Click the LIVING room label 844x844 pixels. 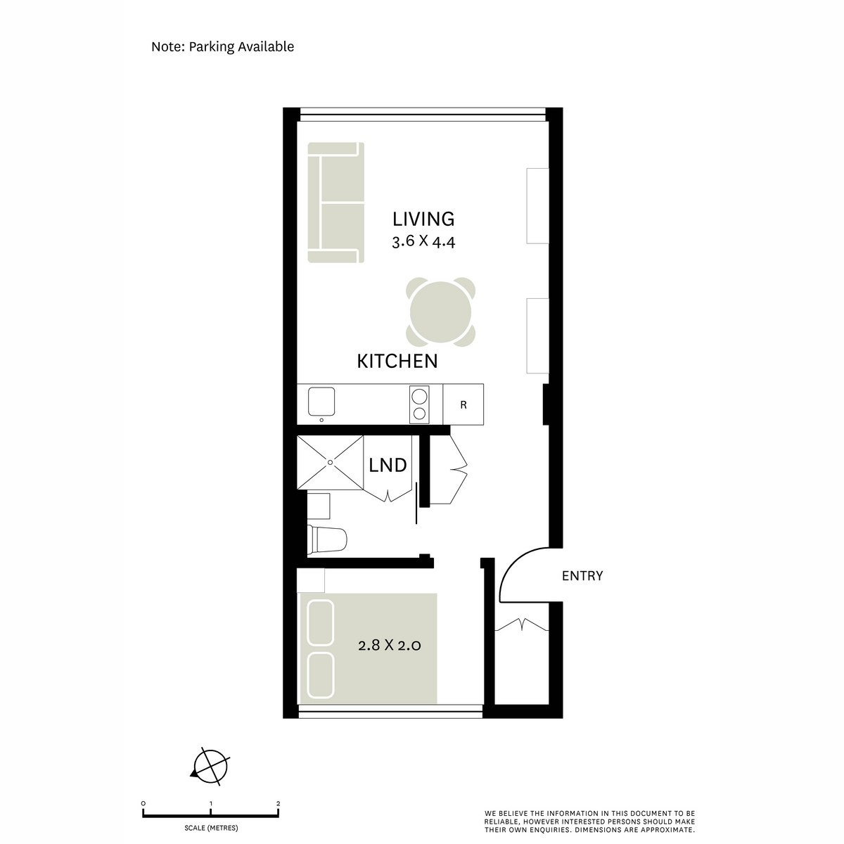pos(423,219)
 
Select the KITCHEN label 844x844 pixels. pos(397,362)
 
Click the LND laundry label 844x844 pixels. pos(388,465)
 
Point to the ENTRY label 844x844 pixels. pos(582,576)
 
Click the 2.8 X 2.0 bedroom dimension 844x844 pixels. pos(389,645)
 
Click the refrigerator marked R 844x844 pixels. pos(463,405)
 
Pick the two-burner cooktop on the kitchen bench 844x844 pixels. pos(419,404)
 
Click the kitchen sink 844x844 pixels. pos(323,402)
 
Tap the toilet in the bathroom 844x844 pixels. pos(328,539)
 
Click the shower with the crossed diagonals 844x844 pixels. pos(330,462)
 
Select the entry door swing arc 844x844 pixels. pos(524,573)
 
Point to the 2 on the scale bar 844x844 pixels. pos(279,803)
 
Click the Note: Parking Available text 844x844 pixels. pos(222,47)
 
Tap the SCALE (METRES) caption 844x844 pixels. pos(211,828)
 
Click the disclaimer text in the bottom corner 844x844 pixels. pos(589,821)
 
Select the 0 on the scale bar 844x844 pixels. pos(143,803)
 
